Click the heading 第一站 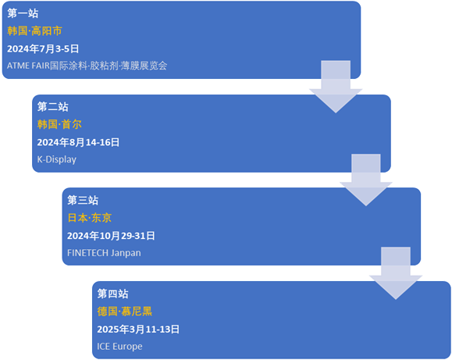click(23, 13)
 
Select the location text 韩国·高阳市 click(34, 31)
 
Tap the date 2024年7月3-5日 click(43, 48)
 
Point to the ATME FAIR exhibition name click(87, 66)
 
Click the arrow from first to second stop click(336, 87)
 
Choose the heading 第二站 click(53, 107)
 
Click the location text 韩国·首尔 click(59, 124)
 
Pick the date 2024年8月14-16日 click(78, 142)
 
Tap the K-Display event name click(57, 159)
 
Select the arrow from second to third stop click(366, 180)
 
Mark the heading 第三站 click(83, 200)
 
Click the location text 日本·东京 click(89, 218)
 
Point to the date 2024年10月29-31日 click(111, 236)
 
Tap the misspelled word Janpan click(126, 253)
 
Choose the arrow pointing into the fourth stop click(396, 273)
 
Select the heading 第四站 click(112, 294)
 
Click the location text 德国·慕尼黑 click(125, 312)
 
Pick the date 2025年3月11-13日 click(138, 329)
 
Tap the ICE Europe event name click(119, 347)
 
